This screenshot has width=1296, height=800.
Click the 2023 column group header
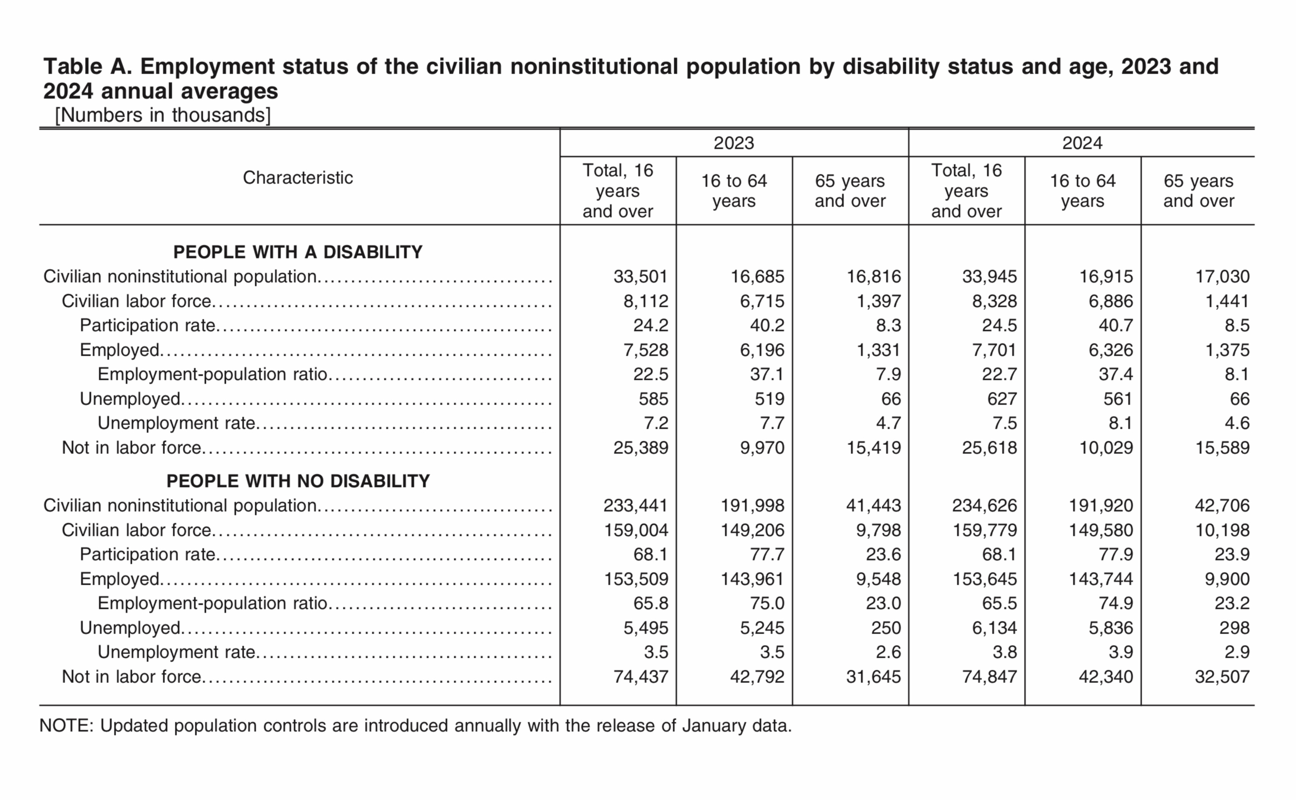tap(734, 143)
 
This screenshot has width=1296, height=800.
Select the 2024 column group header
tap(1082, 143)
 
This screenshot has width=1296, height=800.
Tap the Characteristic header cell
tap(298, 178)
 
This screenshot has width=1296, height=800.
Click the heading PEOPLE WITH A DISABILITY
tap(298, 252)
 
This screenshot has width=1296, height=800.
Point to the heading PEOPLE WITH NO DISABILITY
tap(298, 481)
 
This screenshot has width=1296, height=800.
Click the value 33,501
tap(641, 276)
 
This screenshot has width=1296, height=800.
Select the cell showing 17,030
tap(1222, 276)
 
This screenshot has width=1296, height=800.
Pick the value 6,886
tap(1111, 301)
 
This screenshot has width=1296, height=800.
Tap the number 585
tap(653, 399)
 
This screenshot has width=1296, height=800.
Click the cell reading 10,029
tap(1106, 448)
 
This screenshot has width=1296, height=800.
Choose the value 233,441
tap(636, 505)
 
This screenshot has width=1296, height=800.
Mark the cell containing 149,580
tap(1101, 530)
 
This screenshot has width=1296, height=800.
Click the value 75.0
tap(767, 603)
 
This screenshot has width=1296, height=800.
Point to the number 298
tap(1235, 628)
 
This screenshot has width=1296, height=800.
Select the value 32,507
tap(1222, 677)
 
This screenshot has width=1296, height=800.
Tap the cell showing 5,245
tap(762, 628)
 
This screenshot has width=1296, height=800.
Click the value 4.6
tap(1237, 423)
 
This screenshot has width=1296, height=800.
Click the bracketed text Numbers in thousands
tap(162, 116)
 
